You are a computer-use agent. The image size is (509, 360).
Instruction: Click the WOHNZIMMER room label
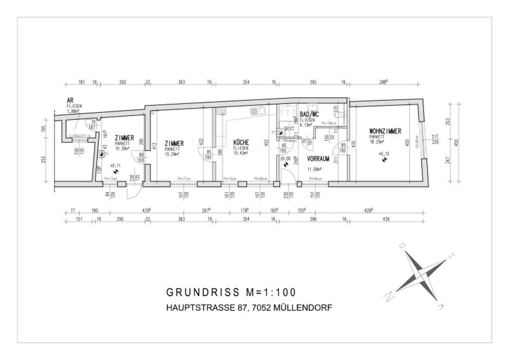click(x=385, y=131)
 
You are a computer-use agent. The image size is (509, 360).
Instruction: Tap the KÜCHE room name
click(x=241, y=143)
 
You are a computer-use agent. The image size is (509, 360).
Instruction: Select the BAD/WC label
click(x=309, y=115)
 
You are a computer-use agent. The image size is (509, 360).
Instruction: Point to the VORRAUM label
click(x=318, y=159)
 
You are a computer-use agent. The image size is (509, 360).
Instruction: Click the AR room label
click(x=70, y=100)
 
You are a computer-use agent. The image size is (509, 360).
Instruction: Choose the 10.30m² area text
click(x=122, y=148)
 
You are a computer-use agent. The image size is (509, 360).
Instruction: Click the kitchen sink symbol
click(x=257, y=111)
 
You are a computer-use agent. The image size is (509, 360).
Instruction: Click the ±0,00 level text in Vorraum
click(x=285, y=159)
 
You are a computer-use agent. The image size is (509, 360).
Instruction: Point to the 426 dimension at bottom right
click(x=386, y=219)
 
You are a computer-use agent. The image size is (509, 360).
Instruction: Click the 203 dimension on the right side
click(x=448, y=121)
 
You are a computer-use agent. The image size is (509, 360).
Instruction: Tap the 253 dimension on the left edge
click(x=44, y=160)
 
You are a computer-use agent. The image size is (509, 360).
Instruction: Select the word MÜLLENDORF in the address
click(x=303, y=308)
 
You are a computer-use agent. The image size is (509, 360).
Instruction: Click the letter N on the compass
click(x=387, y=297)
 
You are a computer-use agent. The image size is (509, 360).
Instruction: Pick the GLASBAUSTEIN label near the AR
click(x=80, y=136)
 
